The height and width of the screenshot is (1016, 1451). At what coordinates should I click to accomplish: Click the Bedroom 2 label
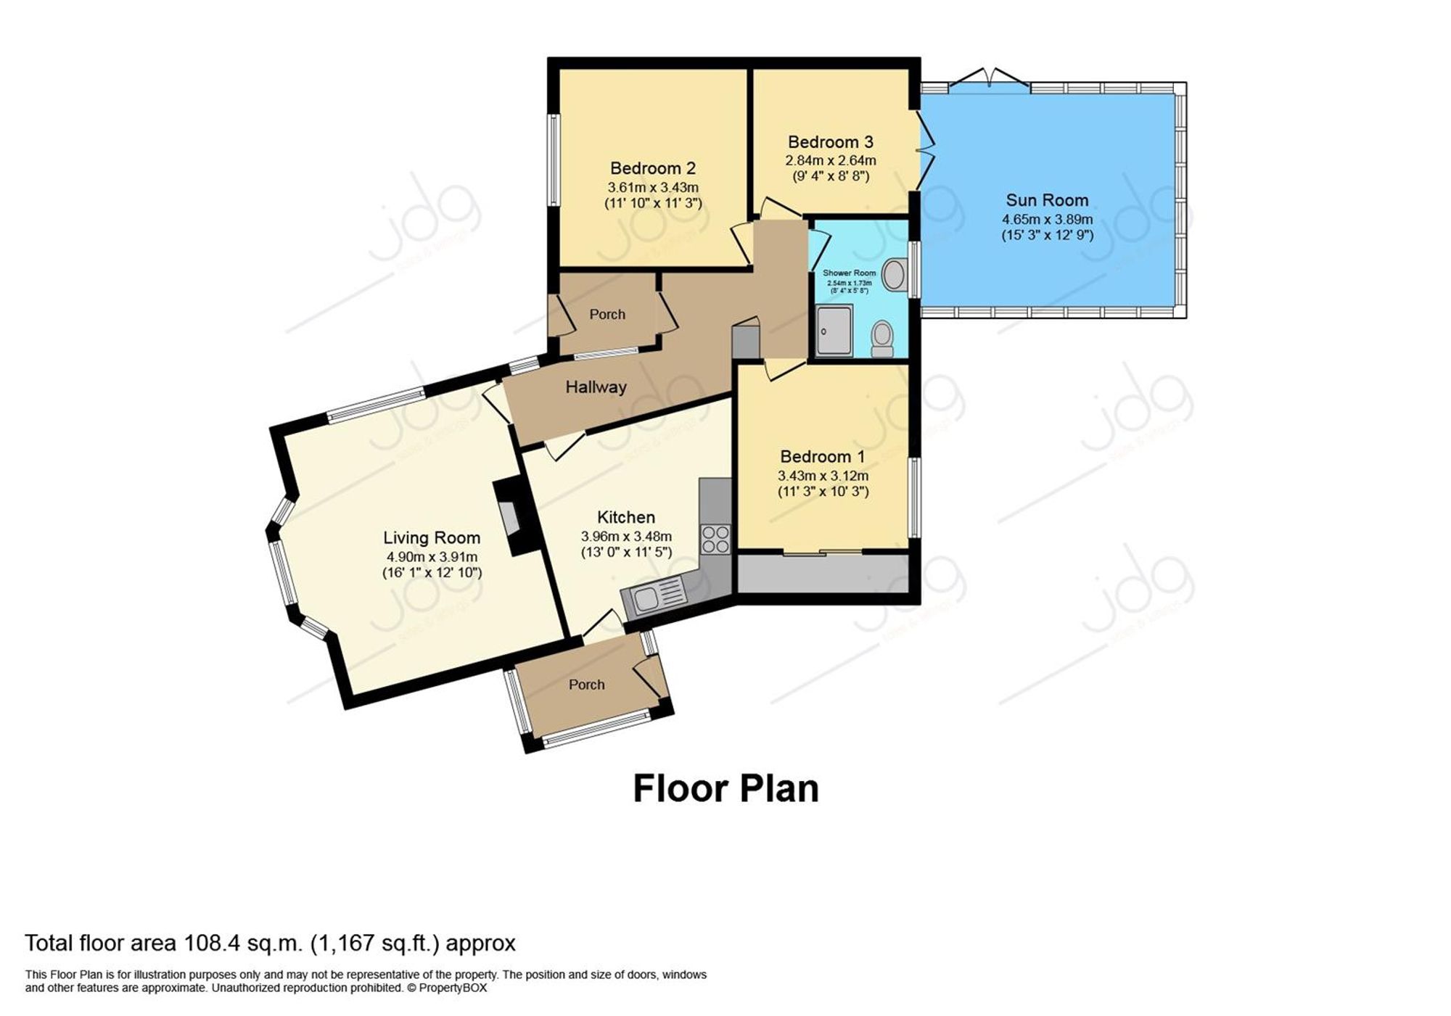653,168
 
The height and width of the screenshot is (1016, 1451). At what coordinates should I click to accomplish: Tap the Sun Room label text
1047,200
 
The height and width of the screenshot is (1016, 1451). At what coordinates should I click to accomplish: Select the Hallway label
596,387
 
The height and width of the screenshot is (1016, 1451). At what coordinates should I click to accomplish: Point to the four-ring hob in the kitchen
715,539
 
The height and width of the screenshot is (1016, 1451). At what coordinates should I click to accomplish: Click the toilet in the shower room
882,339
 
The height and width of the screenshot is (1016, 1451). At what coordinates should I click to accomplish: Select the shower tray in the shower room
834,331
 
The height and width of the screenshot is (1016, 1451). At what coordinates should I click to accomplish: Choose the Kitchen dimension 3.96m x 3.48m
626,537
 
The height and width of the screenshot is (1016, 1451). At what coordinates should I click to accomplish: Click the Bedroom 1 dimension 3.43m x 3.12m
823,476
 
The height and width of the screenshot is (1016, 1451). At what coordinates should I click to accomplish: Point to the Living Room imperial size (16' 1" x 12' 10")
432,573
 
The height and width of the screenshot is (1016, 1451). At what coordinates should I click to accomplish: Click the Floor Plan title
725,788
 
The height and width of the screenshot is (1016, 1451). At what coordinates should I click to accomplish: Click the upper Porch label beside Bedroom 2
607,315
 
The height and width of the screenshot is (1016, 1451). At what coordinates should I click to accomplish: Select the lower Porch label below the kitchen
586,685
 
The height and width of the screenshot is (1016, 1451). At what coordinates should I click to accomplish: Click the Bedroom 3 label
831,142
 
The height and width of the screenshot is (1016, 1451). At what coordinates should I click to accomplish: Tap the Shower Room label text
849,273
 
